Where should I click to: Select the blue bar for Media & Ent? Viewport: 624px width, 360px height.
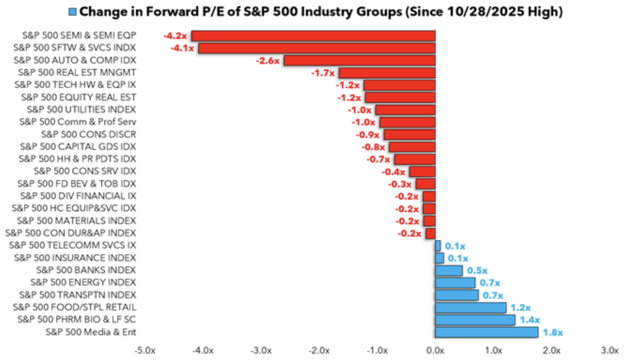click(x=486, y=332)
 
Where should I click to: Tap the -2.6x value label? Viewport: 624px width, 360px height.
click(x=267, y=61)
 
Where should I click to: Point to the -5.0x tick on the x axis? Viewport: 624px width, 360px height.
click(x=145, y=351)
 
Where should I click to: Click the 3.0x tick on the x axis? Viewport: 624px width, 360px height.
click(x=609, y=351)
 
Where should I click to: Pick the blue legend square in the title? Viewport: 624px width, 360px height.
click(x=72, y=12)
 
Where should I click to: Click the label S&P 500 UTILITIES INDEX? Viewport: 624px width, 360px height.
click(x=81, y=110)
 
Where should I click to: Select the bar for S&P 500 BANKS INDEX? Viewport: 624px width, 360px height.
click(x=449, y=271)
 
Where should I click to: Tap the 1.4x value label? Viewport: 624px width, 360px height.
click(x=530, y=320)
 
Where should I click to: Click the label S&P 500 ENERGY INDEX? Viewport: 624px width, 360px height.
click(x=83, y=282)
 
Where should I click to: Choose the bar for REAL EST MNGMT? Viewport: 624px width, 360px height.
click(x=387, y=73)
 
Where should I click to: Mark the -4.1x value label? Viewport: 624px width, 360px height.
click(x=182, y=48)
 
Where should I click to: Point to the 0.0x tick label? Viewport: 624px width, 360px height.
click(x=435, y=351)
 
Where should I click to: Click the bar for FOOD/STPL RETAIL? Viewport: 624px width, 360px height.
click(x=471, y=308)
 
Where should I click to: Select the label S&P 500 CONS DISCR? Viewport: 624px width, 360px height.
click(x=88, y=134)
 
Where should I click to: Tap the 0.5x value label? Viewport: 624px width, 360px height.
click(x=477, y=271)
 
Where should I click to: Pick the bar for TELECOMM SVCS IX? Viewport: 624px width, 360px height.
click(x=438, y=246)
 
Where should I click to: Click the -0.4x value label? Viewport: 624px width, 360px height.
click(x=393, y=172)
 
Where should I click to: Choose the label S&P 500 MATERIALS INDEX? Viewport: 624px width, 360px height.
click(x=76, y=221)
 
